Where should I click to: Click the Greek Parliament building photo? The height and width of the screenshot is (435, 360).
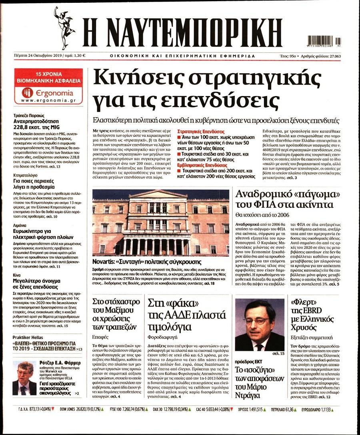160,223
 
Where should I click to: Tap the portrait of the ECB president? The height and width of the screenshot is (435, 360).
260,325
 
